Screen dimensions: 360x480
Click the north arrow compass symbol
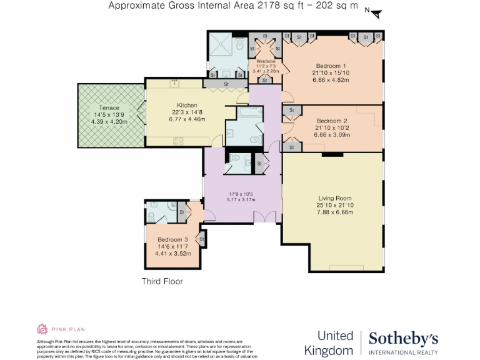[374, 12]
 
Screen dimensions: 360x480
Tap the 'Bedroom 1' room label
[332, 66]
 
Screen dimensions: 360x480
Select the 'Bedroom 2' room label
[332, 121]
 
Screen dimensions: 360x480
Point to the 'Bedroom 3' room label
[172, 240]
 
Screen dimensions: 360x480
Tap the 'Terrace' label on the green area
[109, 108]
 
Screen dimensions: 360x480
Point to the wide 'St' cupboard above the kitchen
[226, 84]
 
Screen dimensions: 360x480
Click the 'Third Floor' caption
[162, 281]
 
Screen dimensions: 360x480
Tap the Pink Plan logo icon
[42, 329]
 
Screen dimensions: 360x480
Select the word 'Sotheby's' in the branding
[403, 339]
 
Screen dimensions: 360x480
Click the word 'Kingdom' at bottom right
[329, 350]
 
